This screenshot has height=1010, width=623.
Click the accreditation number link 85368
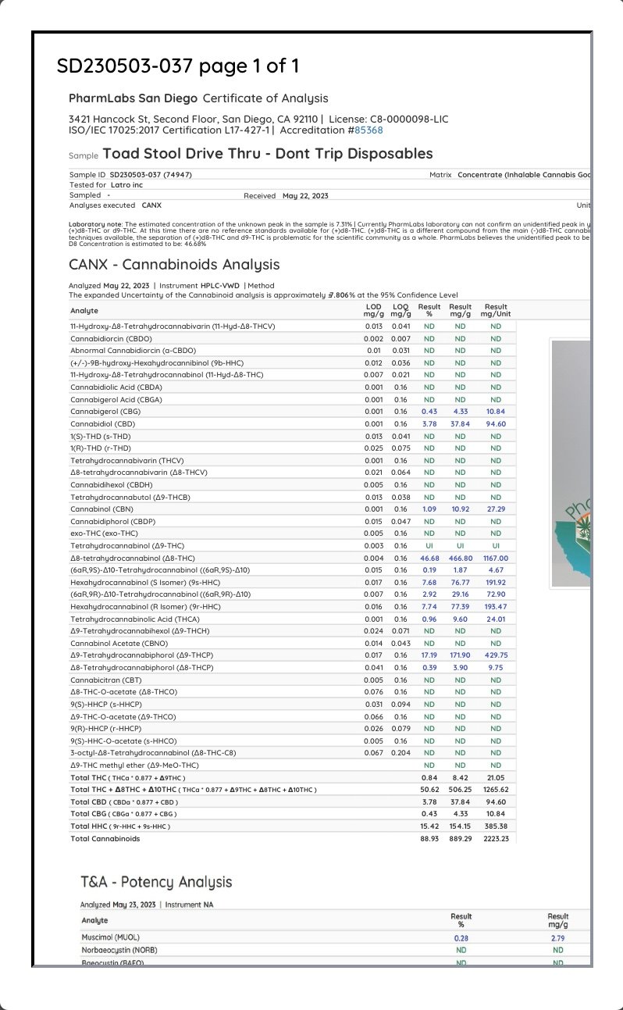click(x=369, y=130)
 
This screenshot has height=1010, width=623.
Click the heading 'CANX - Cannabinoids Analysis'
click(x=174, y=265)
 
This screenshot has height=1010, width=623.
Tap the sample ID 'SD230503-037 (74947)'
click(x=151, y=174)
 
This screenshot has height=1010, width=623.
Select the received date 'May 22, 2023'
click(x=305, y=195)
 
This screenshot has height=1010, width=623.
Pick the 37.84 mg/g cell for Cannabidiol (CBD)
click(x=460, y=424)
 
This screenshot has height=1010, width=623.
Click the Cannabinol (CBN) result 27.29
click(x=496, y=509)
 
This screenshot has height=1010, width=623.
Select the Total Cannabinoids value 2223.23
click(x=495, y=839)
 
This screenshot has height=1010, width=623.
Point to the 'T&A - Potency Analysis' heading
click(x=156, y=882)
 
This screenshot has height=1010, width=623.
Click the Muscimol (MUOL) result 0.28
click(x=461, y=937)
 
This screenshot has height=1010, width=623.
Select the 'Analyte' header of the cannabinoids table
click(x=84, y=311)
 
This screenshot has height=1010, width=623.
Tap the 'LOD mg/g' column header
click(x=373, y=311)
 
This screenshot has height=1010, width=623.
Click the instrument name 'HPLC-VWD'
click(x=220, y=286)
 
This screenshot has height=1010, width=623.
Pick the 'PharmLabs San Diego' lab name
click(x=132, y=98)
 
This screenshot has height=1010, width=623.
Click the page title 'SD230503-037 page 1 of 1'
click(x=178, y=66)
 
